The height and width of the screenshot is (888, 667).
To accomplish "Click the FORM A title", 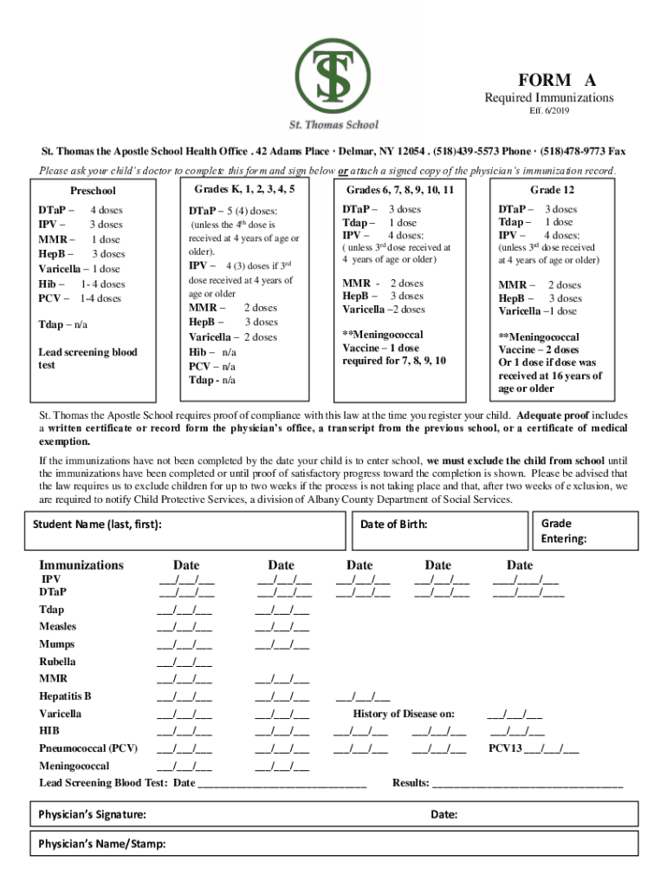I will click(x=546, y=80).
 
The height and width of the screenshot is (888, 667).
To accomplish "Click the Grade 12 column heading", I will click(x=552, y=190).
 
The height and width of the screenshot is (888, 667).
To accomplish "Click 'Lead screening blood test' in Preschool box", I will click(x=87, y=358).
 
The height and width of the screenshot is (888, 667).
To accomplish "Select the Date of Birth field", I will click(x=441, y=530).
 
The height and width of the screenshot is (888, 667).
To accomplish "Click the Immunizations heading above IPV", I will click(x=81, y=565).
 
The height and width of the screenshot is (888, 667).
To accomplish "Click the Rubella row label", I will click(x=57, y=662).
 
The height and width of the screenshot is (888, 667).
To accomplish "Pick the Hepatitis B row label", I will click(x=65, y=696).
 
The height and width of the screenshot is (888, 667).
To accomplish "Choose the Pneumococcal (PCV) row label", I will click(x=87, y=748).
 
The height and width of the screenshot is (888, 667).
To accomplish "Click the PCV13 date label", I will click(x=534, y=748).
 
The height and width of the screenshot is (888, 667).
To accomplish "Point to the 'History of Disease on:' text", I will click(x=404, y=714).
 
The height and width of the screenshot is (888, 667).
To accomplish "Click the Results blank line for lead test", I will click(x=527, y=783).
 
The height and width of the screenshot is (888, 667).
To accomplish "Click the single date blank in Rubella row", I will click(x=185, y=662).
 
